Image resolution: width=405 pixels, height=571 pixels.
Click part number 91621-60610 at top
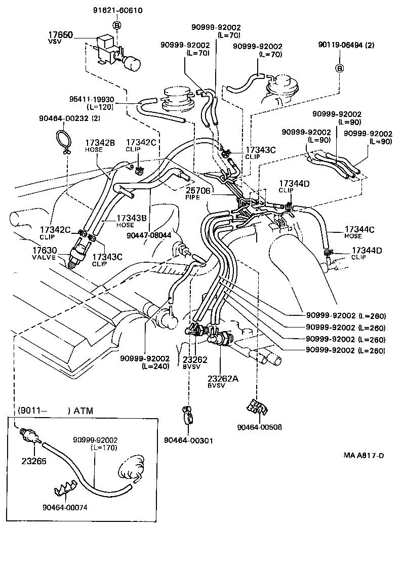tap(117, 10)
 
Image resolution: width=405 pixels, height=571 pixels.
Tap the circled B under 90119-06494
tap(340, 69)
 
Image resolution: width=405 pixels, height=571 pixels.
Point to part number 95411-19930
tap(92, 100)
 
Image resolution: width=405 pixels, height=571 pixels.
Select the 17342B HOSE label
tap(100, 146)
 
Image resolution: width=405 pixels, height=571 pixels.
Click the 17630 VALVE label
tap(45, 253)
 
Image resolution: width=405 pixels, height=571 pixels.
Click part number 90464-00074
tap(66, 507)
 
